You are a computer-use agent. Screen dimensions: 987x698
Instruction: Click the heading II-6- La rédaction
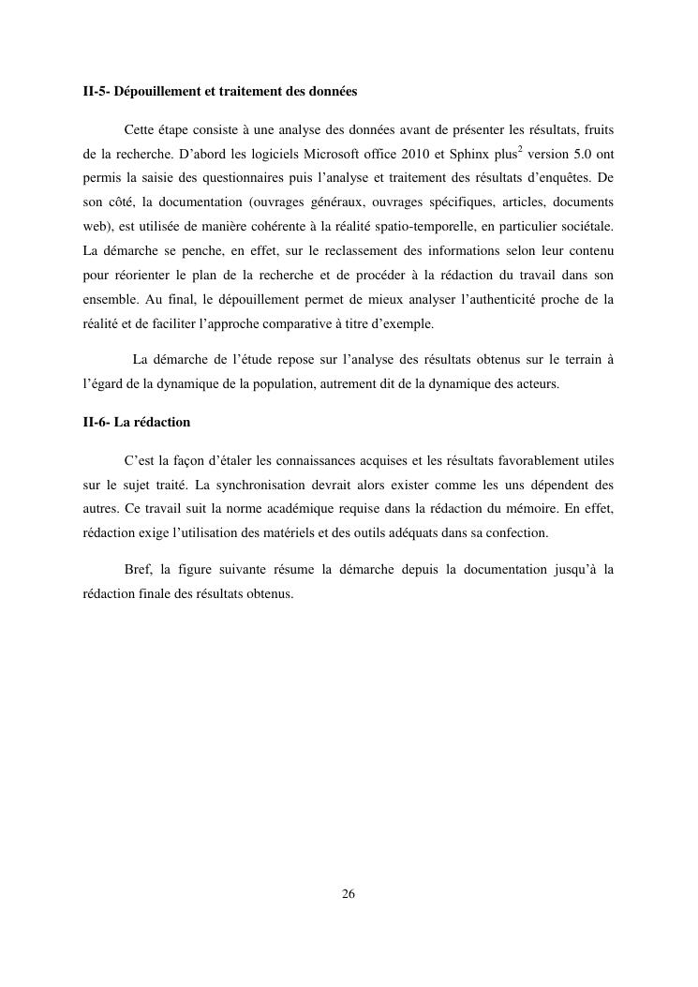(x=137, y=422)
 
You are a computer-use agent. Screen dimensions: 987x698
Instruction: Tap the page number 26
(x=349, y=893)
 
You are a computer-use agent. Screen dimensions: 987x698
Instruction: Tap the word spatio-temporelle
(x=439, y=226)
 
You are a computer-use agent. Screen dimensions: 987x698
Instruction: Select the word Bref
(x=137, y=569)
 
